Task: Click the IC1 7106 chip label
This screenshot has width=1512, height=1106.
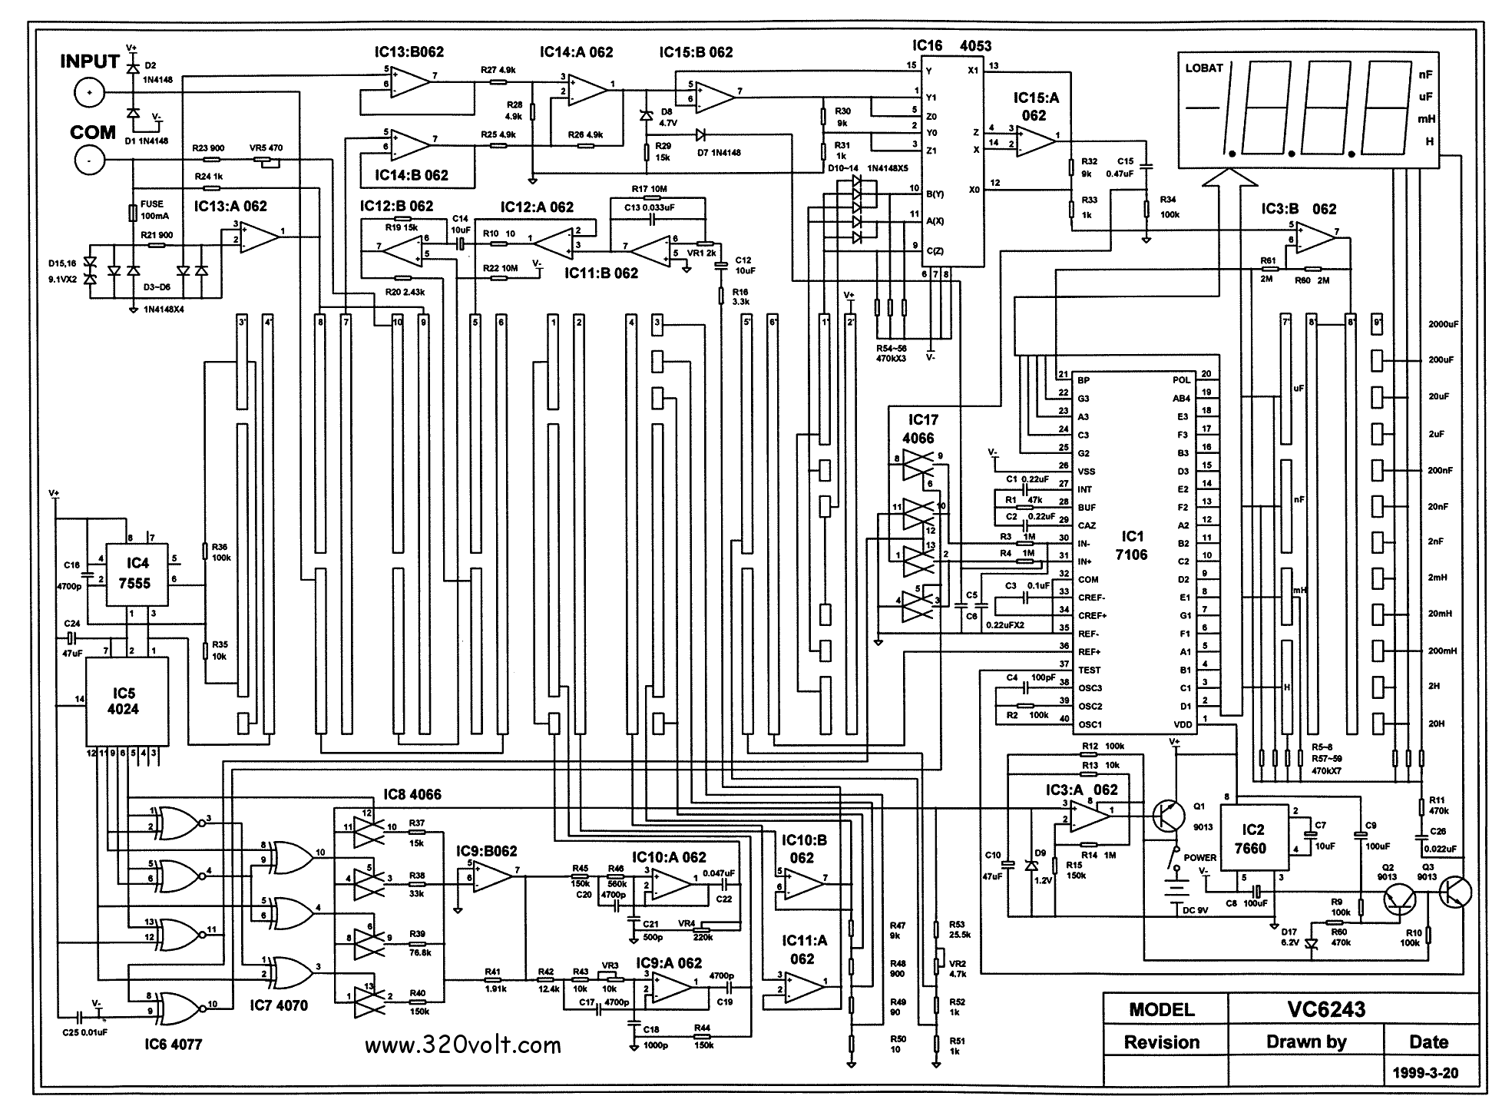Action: click(x=1132, y=545)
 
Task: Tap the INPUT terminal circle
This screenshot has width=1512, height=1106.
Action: click(x=89, y=94)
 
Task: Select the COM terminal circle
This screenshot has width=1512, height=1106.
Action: click(x=89, y=161)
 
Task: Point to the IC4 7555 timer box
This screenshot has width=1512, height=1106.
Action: click(x=134, y=575)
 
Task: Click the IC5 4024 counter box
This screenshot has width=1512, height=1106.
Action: click(x=123, y=700)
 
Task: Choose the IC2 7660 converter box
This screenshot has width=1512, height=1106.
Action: click(x=1253, y=839)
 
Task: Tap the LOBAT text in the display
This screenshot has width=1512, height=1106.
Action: click(x=1204, y=68)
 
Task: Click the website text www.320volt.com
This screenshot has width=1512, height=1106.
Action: click(x=462, y=1045)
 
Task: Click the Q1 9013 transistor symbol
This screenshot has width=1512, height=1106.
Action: click(x=1170, y=816)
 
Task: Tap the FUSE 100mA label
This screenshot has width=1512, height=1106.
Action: click(x=152, y=210)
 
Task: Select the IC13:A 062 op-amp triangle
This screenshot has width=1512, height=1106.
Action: click(x=260, y=236)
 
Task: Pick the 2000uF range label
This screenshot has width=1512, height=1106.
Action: click(x=1444, y=324)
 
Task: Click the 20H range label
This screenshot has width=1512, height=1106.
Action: click(x=1436, y=724)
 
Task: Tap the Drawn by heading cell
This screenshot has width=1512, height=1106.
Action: click(x=1305, y=1042)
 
